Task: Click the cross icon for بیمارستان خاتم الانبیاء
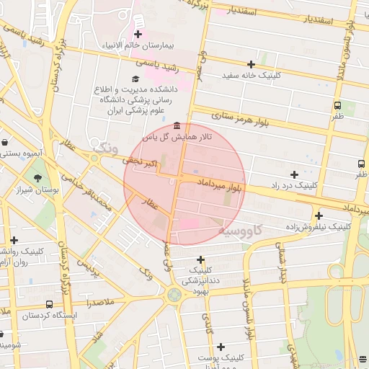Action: coord(138,34)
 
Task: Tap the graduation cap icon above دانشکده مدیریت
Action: coord(135,79)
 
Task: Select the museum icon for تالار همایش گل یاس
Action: coord(177,125)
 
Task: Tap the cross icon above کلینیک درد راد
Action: coord(294,174)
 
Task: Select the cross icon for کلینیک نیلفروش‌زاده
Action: coord(319,215)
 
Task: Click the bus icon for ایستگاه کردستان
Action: coord(49,304)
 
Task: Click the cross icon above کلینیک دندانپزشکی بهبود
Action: coord(200,259)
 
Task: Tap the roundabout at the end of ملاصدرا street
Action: coord(174,294)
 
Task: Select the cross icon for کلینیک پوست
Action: coord(221,347)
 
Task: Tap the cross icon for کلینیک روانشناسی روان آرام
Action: coord(14,239)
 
